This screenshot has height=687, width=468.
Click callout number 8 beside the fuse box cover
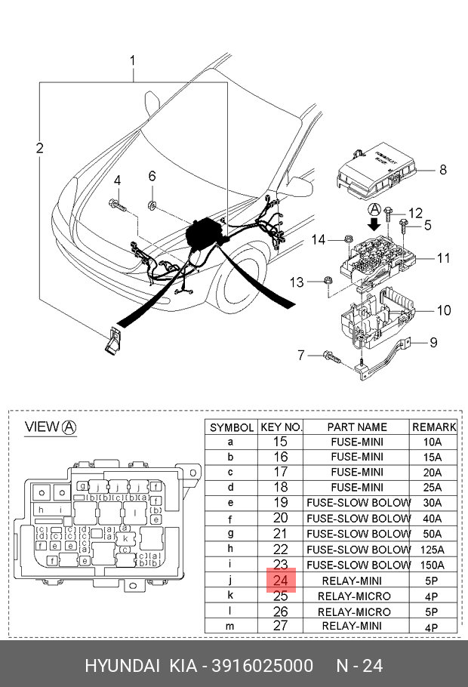pos(443,170)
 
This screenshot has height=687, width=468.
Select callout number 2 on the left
pos(39,148)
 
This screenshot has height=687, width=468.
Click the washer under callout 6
pos(152,204)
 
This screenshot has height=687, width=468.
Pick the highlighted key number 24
pos(280,581)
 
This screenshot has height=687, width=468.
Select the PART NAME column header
pos(357,427)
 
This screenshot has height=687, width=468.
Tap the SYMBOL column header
pos(232,427)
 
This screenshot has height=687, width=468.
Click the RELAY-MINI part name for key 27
pos(357,626)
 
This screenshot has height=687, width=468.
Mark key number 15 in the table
pos(280,442)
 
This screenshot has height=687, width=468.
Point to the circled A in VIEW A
pos(69,427)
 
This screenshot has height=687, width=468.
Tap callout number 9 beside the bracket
pos(433,343)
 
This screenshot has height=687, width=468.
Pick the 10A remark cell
pos(433,442)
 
